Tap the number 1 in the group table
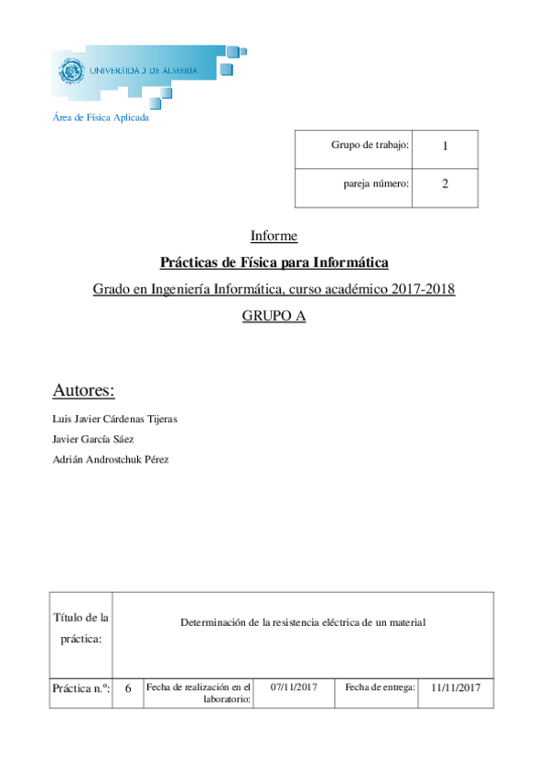pos(445,146)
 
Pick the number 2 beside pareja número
pos(445,184)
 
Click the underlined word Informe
pos(274,236)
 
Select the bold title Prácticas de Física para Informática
pos(274,263)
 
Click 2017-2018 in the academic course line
pos(423,290)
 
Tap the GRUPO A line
pos(274,316)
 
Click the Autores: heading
pos(84,391)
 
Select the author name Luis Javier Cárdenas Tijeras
pos(115,419)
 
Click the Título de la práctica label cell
pos(82,628)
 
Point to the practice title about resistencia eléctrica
pos(304,622)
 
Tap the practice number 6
pos(128,689)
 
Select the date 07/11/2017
pos(295,686)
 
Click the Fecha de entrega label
pos(381,686)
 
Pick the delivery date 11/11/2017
pos(456,687)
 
